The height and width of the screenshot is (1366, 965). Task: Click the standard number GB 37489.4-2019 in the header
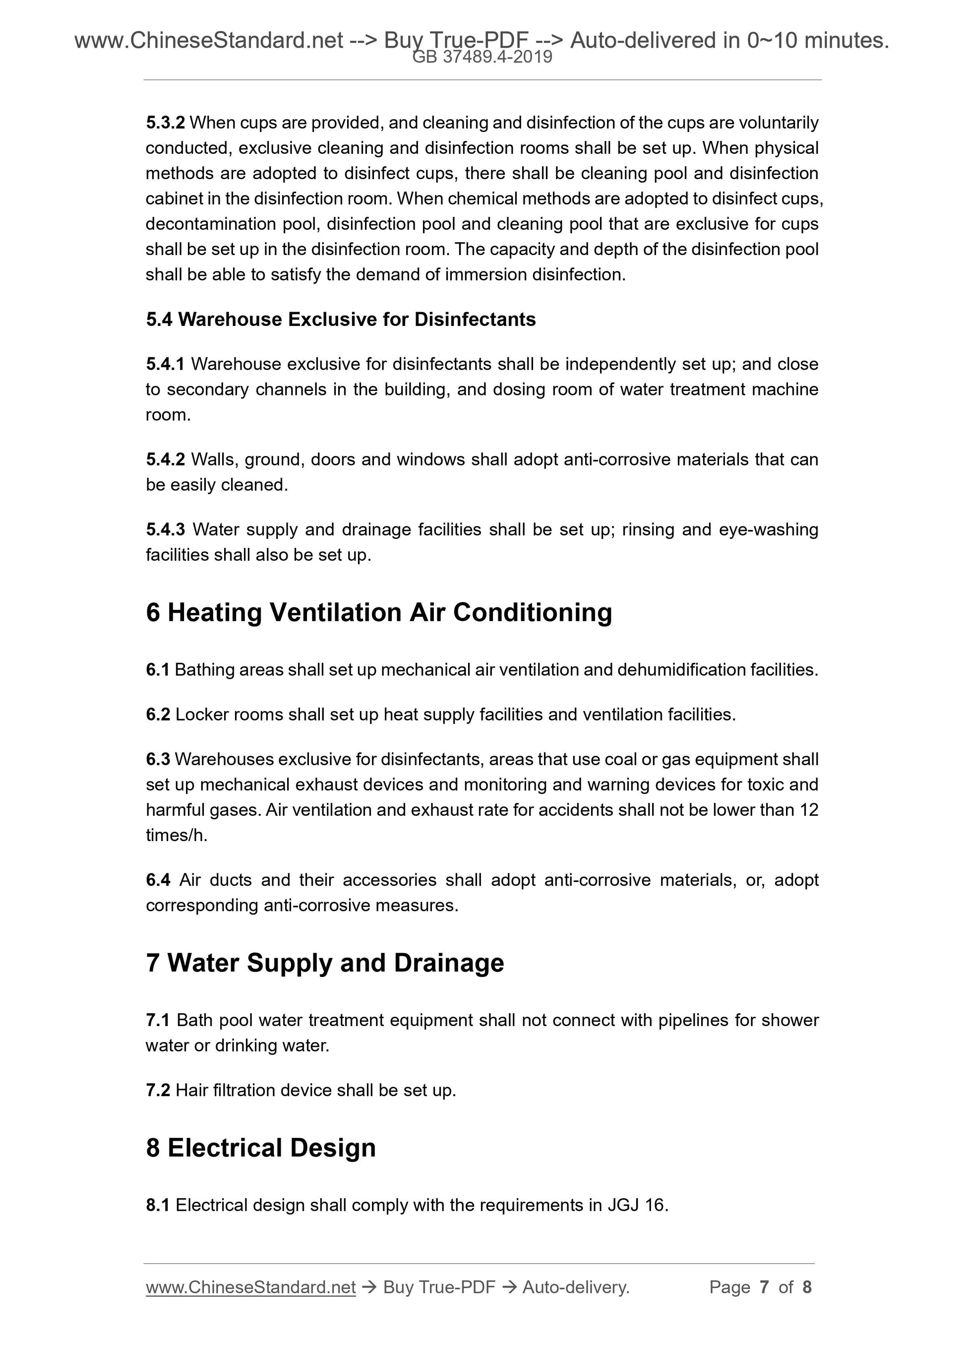point(482,57)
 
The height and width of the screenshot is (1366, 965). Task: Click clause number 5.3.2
point(165,123)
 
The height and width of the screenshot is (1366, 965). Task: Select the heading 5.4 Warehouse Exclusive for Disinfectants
point(341,320)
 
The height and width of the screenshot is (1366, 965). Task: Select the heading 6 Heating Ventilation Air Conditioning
point(379,612)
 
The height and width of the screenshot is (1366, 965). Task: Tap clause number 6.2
point(158,715)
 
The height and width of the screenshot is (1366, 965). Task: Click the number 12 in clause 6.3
point(809,810)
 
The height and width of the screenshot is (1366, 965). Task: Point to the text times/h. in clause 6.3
point(177,835)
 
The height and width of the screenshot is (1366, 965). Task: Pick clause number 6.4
point(158,880)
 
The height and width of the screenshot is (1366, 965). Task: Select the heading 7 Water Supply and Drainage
point(325,963)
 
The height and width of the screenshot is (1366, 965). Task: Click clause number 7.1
point(158,1020)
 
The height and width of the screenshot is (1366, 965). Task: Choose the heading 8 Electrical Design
point(261,1148)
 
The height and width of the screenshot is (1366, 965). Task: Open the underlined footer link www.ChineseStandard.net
point(250,1288)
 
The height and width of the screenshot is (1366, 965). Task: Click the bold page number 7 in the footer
point(764,1288)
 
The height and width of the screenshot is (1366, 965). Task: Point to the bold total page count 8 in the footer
point(807,1288)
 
